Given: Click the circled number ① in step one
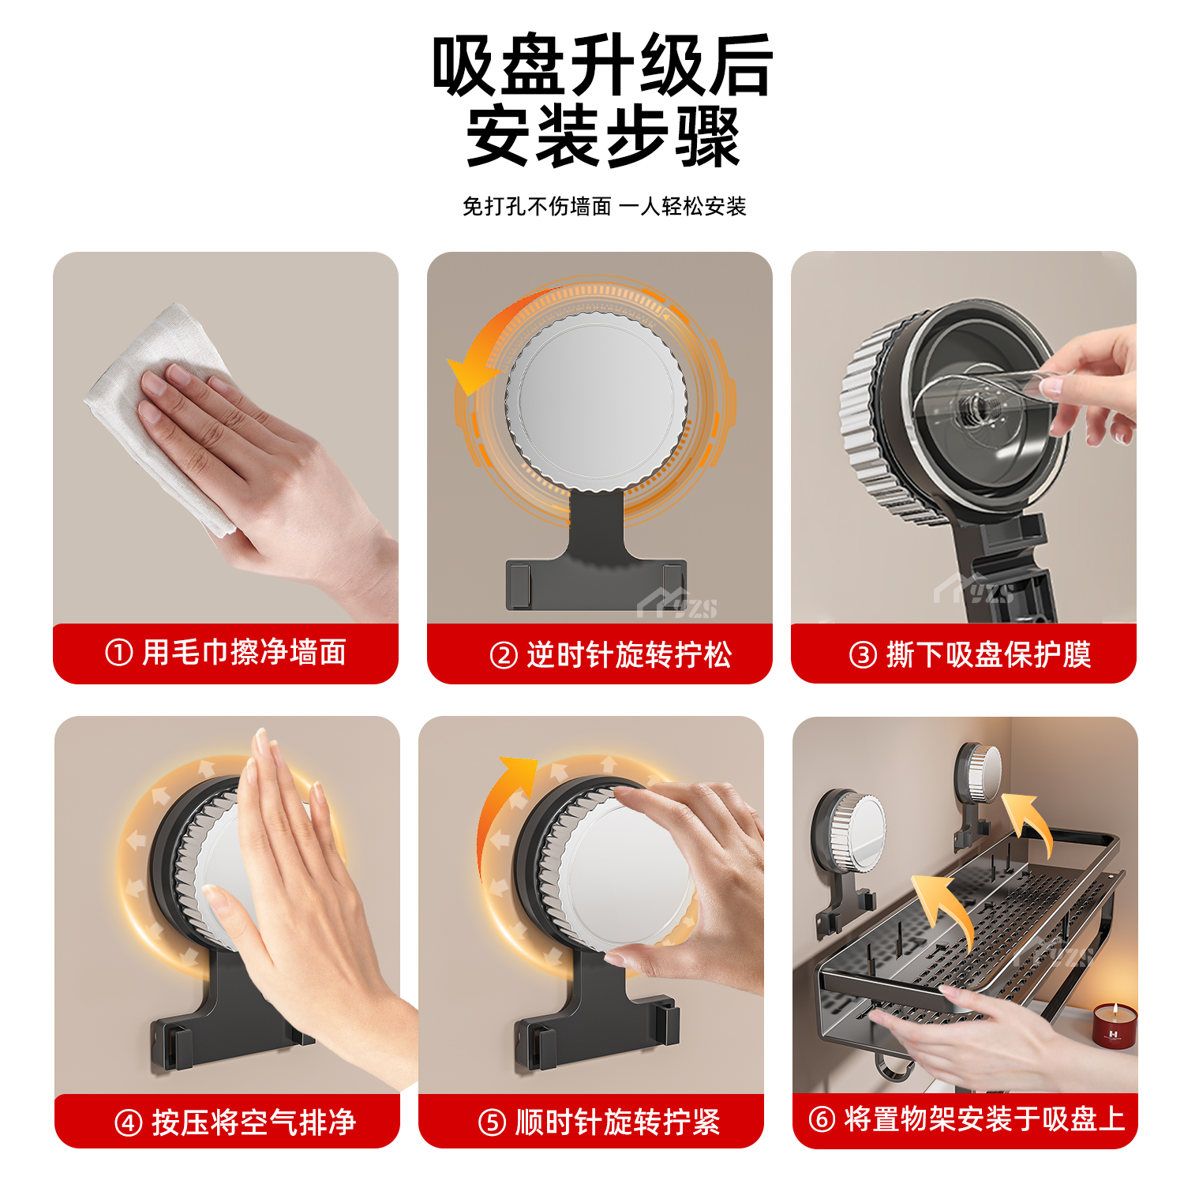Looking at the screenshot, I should (118, 653).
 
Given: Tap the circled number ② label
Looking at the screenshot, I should (503, 655).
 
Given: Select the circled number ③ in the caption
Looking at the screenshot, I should (862, 654).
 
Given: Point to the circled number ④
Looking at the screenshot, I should (128, 1122).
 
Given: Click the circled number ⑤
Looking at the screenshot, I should (492, 1122).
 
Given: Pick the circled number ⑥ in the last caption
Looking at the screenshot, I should (821, 1118).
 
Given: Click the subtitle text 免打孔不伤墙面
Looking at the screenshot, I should (537, 207).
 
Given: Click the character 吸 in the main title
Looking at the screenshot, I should (466, 66).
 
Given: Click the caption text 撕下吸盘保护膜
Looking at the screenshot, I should (988, 654).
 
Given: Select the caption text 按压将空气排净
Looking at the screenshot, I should (253, 1122).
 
